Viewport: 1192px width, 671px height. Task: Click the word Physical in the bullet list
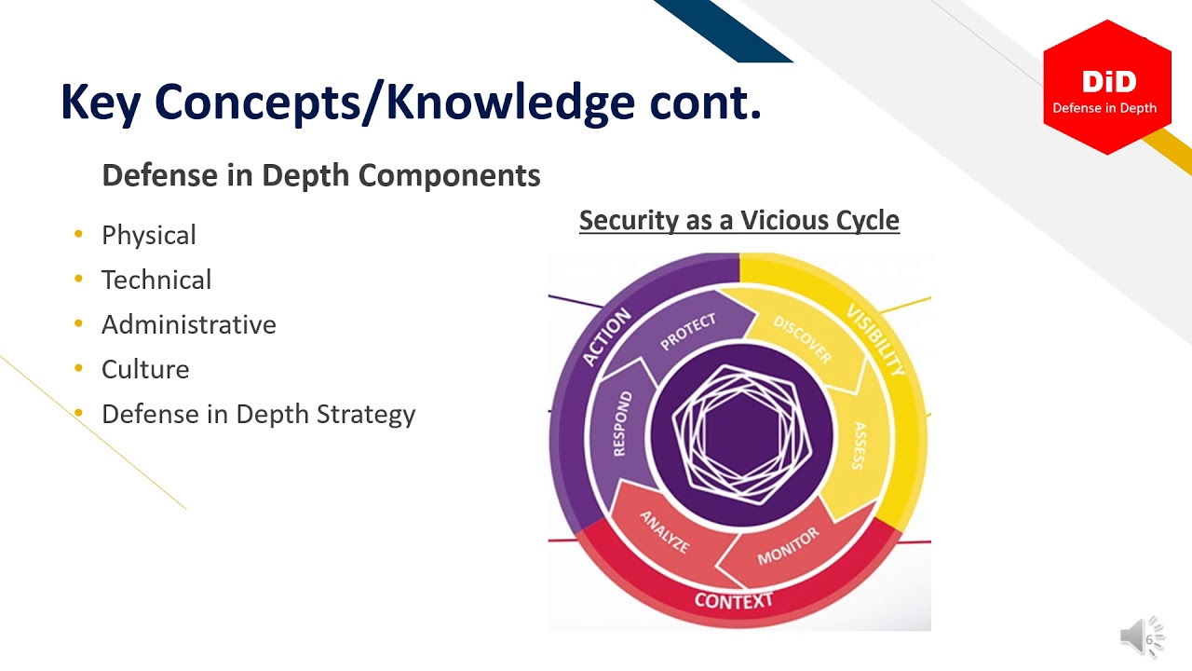pyautogui.click(x=148, y=235)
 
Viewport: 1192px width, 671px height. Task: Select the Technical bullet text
pyautogui.click(x=156, y=280)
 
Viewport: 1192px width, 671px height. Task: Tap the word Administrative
pyautogui.click(x=188, y=324)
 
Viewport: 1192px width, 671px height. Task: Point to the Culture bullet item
pyautogui.click(x=145, y=369)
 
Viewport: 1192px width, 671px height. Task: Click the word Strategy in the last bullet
pyautogui.click(x=366, y=414)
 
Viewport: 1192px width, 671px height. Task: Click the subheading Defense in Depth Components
pyautogui.click(x=320, y=175)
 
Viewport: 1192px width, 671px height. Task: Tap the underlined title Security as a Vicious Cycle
pyautogui.click(x=738, y=221)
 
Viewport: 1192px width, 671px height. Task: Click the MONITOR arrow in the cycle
pyautogui.click(x=788, y=545)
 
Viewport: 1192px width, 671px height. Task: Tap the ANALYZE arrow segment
pyautogui.click(x=665, y=532)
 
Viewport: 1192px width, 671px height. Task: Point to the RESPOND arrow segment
pyautogui.click(x=622, y=424)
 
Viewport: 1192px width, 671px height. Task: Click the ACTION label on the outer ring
pyautogui.click(x=606, y=336)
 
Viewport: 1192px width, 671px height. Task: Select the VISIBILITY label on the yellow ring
pyautogui.click(x=875, y=339)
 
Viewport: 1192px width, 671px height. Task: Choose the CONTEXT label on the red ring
pyautogui.click(x=734, y=600)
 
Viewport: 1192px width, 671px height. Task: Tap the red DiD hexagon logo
pyautogui.click(x=1106, y=87)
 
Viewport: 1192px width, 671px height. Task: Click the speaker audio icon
pyautogui.click(x=1139, y=637)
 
